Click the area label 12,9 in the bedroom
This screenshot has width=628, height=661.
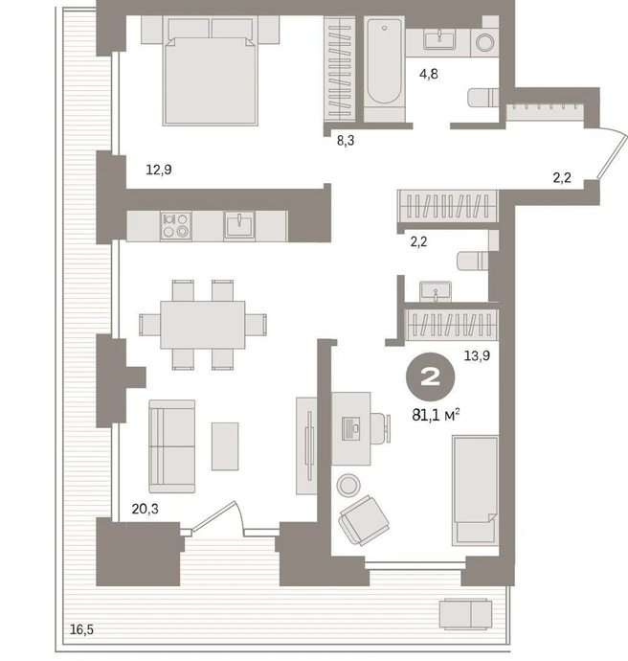pyautogui.click(x=159, y=170)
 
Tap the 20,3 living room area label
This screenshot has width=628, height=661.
pyautogui.click(x=145, y=510)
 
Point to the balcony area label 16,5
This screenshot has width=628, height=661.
pyautogui.click(x=81, y=629)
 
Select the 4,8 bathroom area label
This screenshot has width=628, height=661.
pyautogui.click(x=428, y=74)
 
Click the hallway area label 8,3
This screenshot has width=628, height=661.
pyautogui.click(x=346, y=141)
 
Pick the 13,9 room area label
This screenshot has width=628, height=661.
pyautogui.click(x=477, y=355)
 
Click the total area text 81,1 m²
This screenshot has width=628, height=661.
pyautogui.click(x=436, y=415)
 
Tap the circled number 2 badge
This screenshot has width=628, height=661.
pyautogui.click(x=430, y=376)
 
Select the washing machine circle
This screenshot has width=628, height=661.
pyautogui.click(x=484, y=42)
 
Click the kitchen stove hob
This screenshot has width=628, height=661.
pyautogui.click(x=175, y=225)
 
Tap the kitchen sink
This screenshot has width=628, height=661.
pyautogui.click(x=239, y=225)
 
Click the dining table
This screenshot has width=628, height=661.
pyautogui.click(x=203, y=325)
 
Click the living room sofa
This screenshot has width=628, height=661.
pyautogui.click(x=172, y=446)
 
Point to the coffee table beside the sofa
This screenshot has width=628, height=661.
pyautogui.click(x=225, y=446)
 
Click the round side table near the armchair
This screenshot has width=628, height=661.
pyautogui.click(x=348, y=485)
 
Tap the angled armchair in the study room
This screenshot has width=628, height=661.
pyautogui.click(x=364, y=520)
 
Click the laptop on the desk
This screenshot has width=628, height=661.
pyautogui.click(x=350, y=429)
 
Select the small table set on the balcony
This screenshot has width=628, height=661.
pyautogui.click(x=465, y=615)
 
